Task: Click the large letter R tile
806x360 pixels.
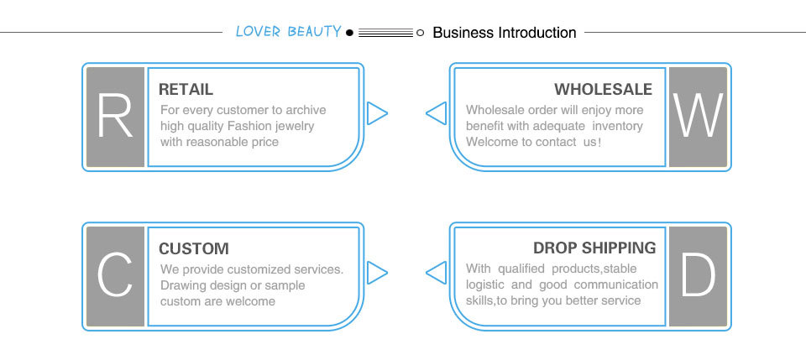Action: pos(116,117)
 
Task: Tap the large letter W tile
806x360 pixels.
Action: pos(698,117)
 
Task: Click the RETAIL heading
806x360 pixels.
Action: pos(186,90)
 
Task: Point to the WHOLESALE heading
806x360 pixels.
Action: pos(603,90)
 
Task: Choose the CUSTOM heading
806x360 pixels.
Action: pos(193,248)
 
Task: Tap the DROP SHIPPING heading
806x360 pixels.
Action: pos(594,248)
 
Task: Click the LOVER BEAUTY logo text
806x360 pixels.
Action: pos(288,32)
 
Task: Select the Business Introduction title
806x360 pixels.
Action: pos(504,33)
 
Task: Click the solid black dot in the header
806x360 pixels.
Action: pos(350,33)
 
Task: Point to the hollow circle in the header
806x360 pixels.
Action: pos(420,33)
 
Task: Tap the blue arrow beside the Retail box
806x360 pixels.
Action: pos(377,113)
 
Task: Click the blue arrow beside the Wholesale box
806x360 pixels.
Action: pos(436,113)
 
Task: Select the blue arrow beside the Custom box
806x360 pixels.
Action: pos(377,272)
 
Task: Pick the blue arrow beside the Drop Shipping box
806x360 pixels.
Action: pos(436,272)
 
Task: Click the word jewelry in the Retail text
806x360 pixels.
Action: pos(291,126)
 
